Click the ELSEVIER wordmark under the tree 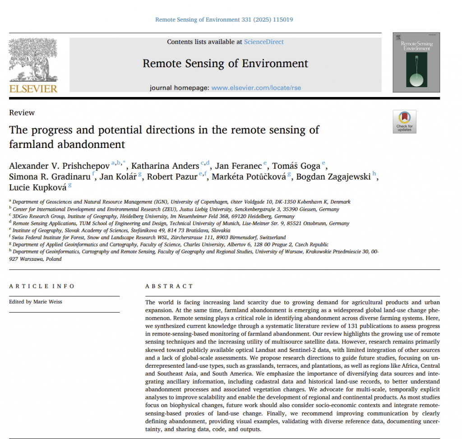[33, 88]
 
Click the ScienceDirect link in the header [264, 42]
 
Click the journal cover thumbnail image [416, 62]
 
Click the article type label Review [22, 113]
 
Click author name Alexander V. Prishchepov [59, 166]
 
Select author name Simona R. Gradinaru [49, 177]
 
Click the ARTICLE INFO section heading [42, 286]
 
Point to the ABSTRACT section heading [169, 286]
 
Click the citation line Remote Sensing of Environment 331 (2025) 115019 [224, 19]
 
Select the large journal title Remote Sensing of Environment [225, 63]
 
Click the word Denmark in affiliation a [340, 202]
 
